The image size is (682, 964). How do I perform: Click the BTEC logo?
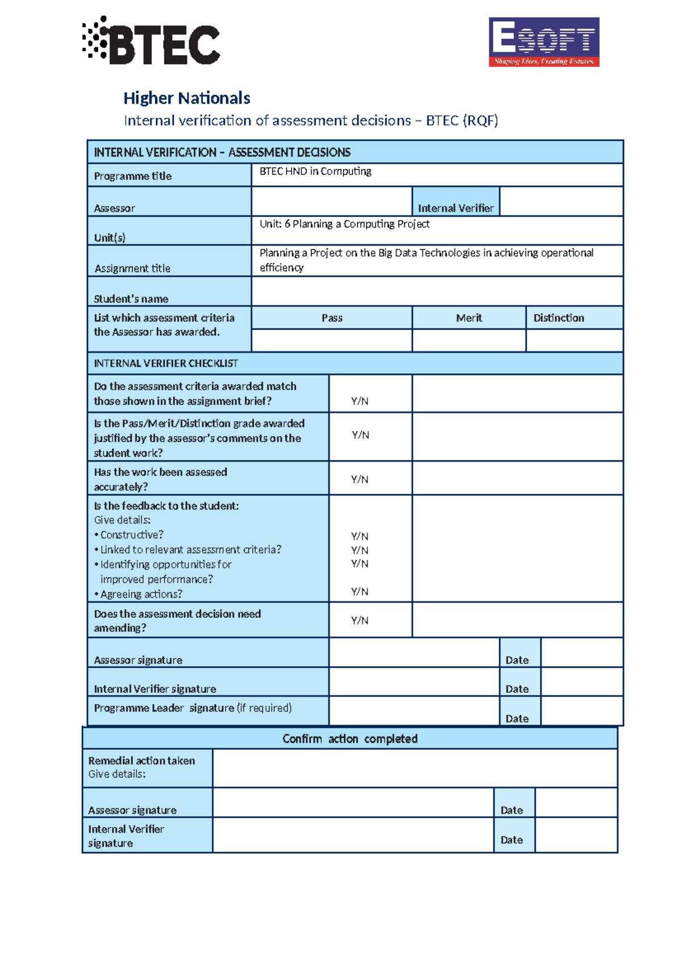coord(151,41)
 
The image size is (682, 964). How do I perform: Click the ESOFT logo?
coord(544,42)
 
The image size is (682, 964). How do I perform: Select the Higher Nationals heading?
coord(186,98)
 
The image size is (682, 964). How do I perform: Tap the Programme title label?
coord(132,176)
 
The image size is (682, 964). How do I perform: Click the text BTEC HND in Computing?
coord(315,171)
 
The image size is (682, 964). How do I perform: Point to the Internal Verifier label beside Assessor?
coord(456,208)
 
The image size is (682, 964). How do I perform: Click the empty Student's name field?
coord(436,292)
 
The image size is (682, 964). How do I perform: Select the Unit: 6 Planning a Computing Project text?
coord(344,224)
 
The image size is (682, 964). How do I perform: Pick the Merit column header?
coord(469,318)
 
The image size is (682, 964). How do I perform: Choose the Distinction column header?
coord(559,318)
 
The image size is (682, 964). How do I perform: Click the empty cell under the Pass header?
coord(331,340)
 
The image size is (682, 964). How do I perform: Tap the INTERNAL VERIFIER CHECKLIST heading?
coord(166,363)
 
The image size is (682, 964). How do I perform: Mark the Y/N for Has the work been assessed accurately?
coord(360,479)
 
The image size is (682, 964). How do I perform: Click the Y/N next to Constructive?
coord(360,536)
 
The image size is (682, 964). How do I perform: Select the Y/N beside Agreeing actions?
coord(360,592)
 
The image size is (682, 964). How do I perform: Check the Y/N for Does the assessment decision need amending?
coord(360,620)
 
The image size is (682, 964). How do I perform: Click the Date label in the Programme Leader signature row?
coord(517,718)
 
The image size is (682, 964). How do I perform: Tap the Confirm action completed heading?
coord(350,738)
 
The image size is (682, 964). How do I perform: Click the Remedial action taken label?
coord(142,761)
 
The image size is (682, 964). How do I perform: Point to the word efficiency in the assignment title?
coord(281,268)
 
